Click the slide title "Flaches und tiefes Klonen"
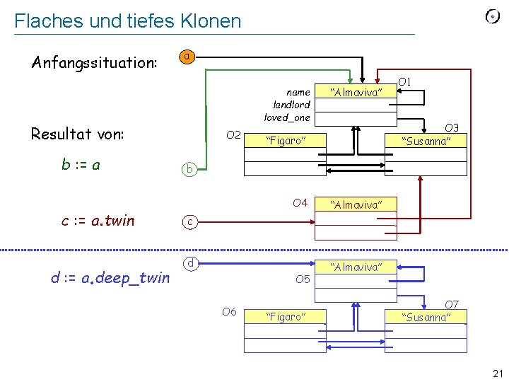pos(127,21)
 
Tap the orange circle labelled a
pos(186,56)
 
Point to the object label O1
pos(405,83)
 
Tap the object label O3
pos(452,127)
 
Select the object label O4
pos(300,203)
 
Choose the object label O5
pos(303,279)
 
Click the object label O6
pos(229,311)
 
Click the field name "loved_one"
pos(287,117)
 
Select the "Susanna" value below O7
pos(426,317)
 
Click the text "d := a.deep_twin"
pos(110,277)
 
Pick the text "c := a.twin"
pos(98,220)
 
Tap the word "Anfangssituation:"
pos(94,62)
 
